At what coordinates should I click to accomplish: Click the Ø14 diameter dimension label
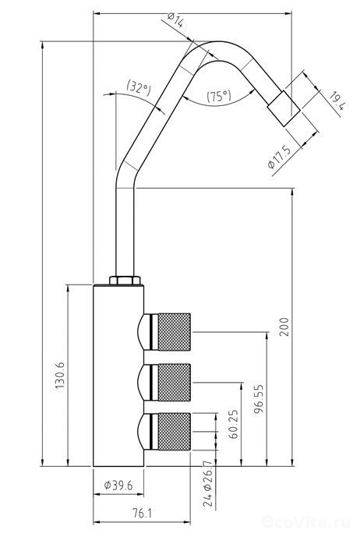click(x=176, y=19)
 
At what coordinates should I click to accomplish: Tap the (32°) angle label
click(x=139, y=87)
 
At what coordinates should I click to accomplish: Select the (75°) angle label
click(x=219, y=96)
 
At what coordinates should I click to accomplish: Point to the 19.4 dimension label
click(x=337, y=101)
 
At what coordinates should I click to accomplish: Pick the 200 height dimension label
click(x=284, y=327)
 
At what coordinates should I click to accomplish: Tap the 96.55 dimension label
click(x=259, y=399)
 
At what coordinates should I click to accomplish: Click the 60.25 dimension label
click(x=233, y=424)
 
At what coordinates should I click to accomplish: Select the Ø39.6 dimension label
click(x=118, y=485)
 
